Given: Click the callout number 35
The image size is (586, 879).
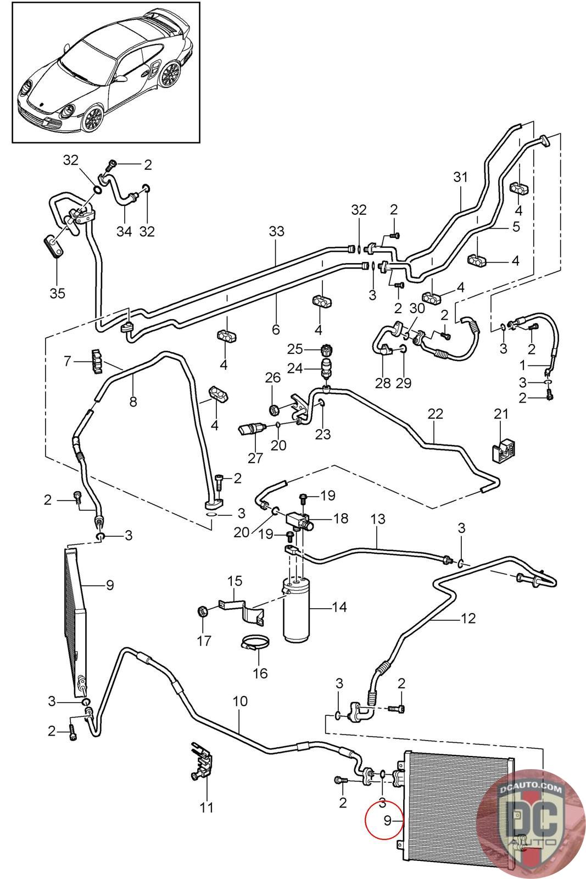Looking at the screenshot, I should tap(57, 293).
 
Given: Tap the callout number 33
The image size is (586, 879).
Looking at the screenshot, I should tap(277, 231).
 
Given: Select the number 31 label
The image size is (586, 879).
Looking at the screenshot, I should tap(460, 177).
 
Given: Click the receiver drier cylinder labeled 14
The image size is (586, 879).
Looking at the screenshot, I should tap(297, 610).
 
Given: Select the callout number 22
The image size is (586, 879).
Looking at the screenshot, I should tap(435, 414).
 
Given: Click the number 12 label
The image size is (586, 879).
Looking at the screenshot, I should tap(468, 619).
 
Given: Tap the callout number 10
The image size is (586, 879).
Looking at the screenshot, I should tap(240, 701).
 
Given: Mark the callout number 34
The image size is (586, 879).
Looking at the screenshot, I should tap(124, 231).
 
